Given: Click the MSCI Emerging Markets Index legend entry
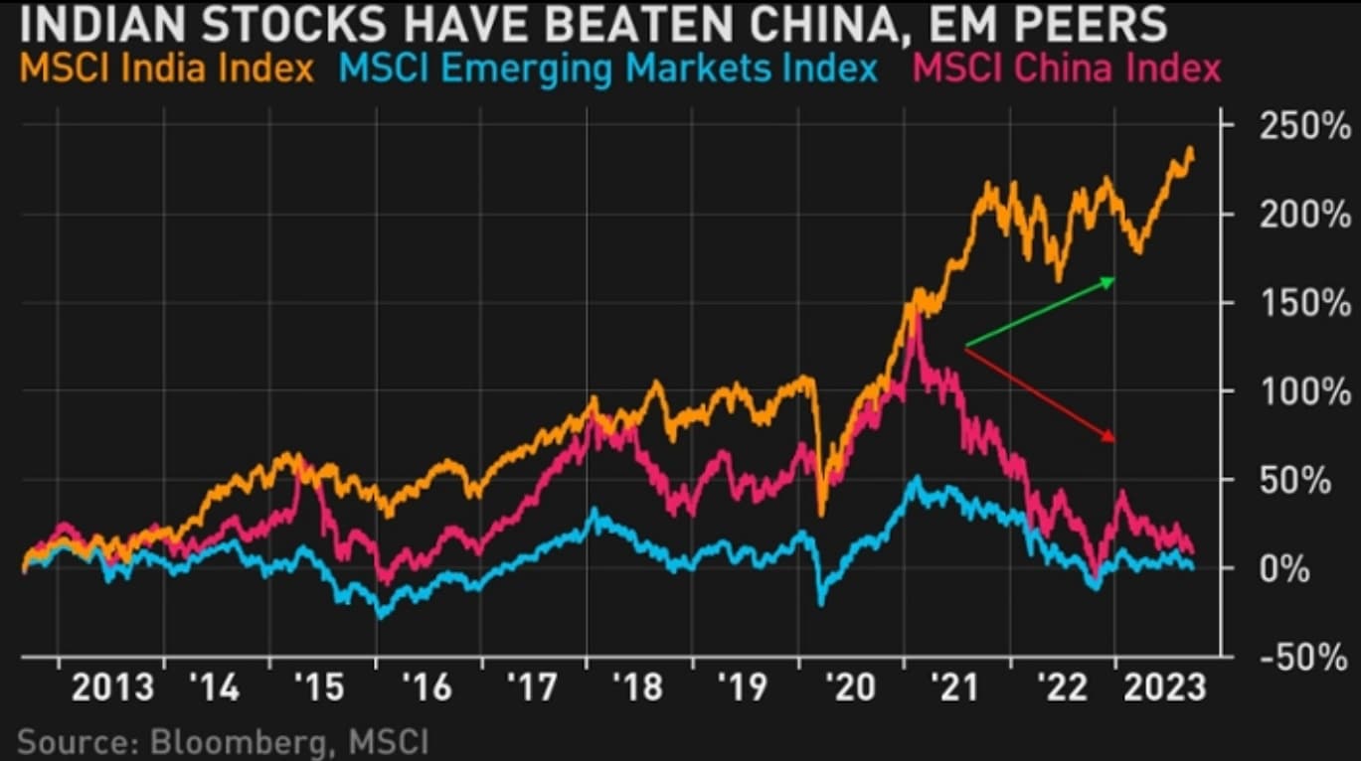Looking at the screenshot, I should [609, 70].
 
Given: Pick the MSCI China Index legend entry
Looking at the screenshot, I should [1067, 70].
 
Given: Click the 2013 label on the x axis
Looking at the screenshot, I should [112, 687].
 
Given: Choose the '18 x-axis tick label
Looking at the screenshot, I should [637, 687].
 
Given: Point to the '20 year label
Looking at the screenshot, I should [848, 687].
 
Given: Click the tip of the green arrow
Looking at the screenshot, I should [1115, 280].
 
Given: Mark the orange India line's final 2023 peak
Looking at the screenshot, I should [1190, 149].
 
